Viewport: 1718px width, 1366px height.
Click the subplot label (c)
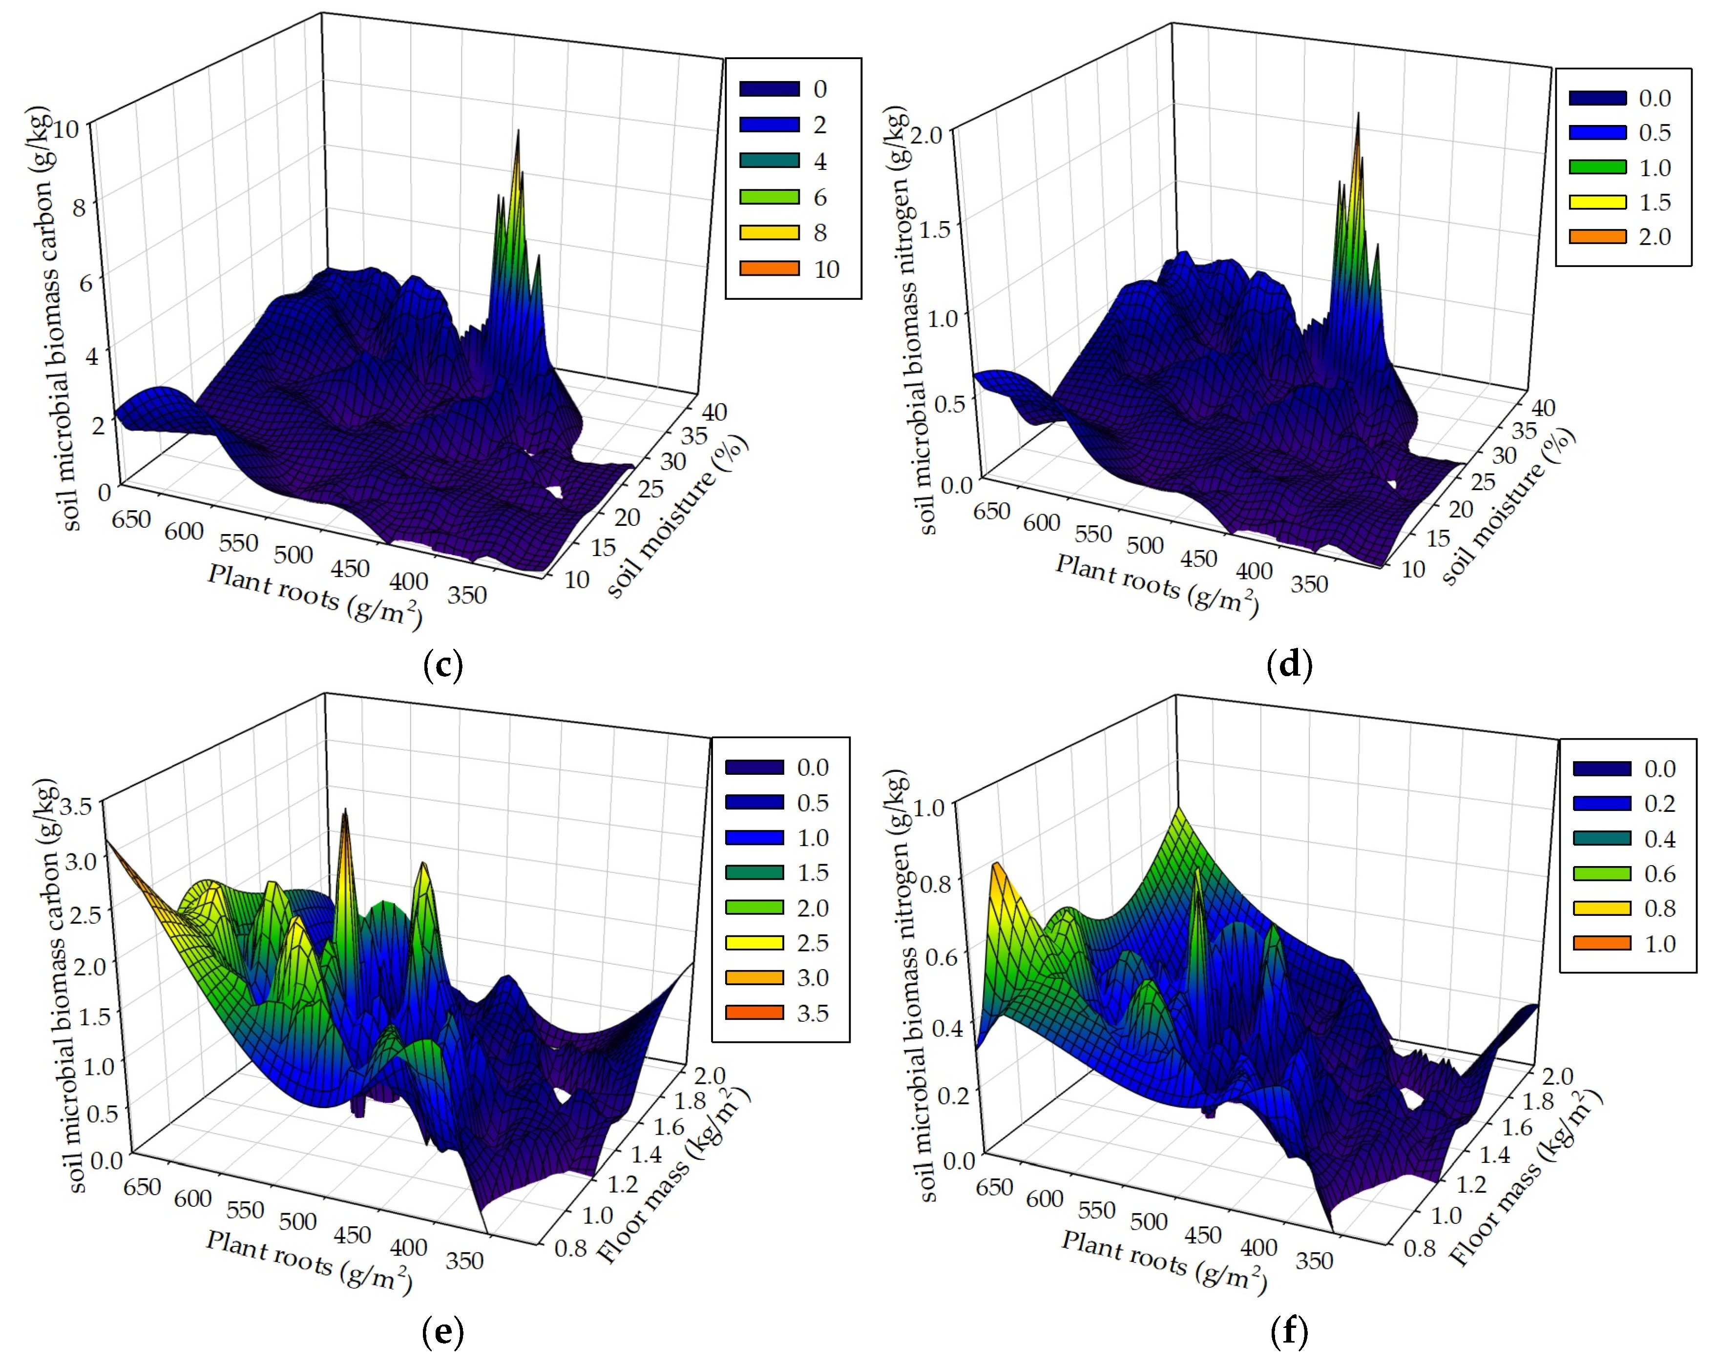(443, 664)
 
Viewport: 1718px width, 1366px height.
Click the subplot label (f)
(1288, 1331)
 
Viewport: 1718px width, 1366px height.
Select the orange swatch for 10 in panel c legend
(769, 269)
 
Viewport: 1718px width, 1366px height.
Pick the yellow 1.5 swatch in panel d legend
(1597, 202)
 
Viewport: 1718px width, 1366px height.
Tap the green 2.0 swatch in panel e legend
(754, 907)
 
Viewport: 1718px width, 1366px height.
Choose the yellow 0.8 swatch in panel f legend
(1602, 908)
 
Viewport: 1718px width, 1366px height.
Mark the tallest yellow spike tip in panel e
(345, 811)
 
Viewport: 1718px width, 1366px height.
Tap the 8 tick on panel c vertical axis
(78, 208)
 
